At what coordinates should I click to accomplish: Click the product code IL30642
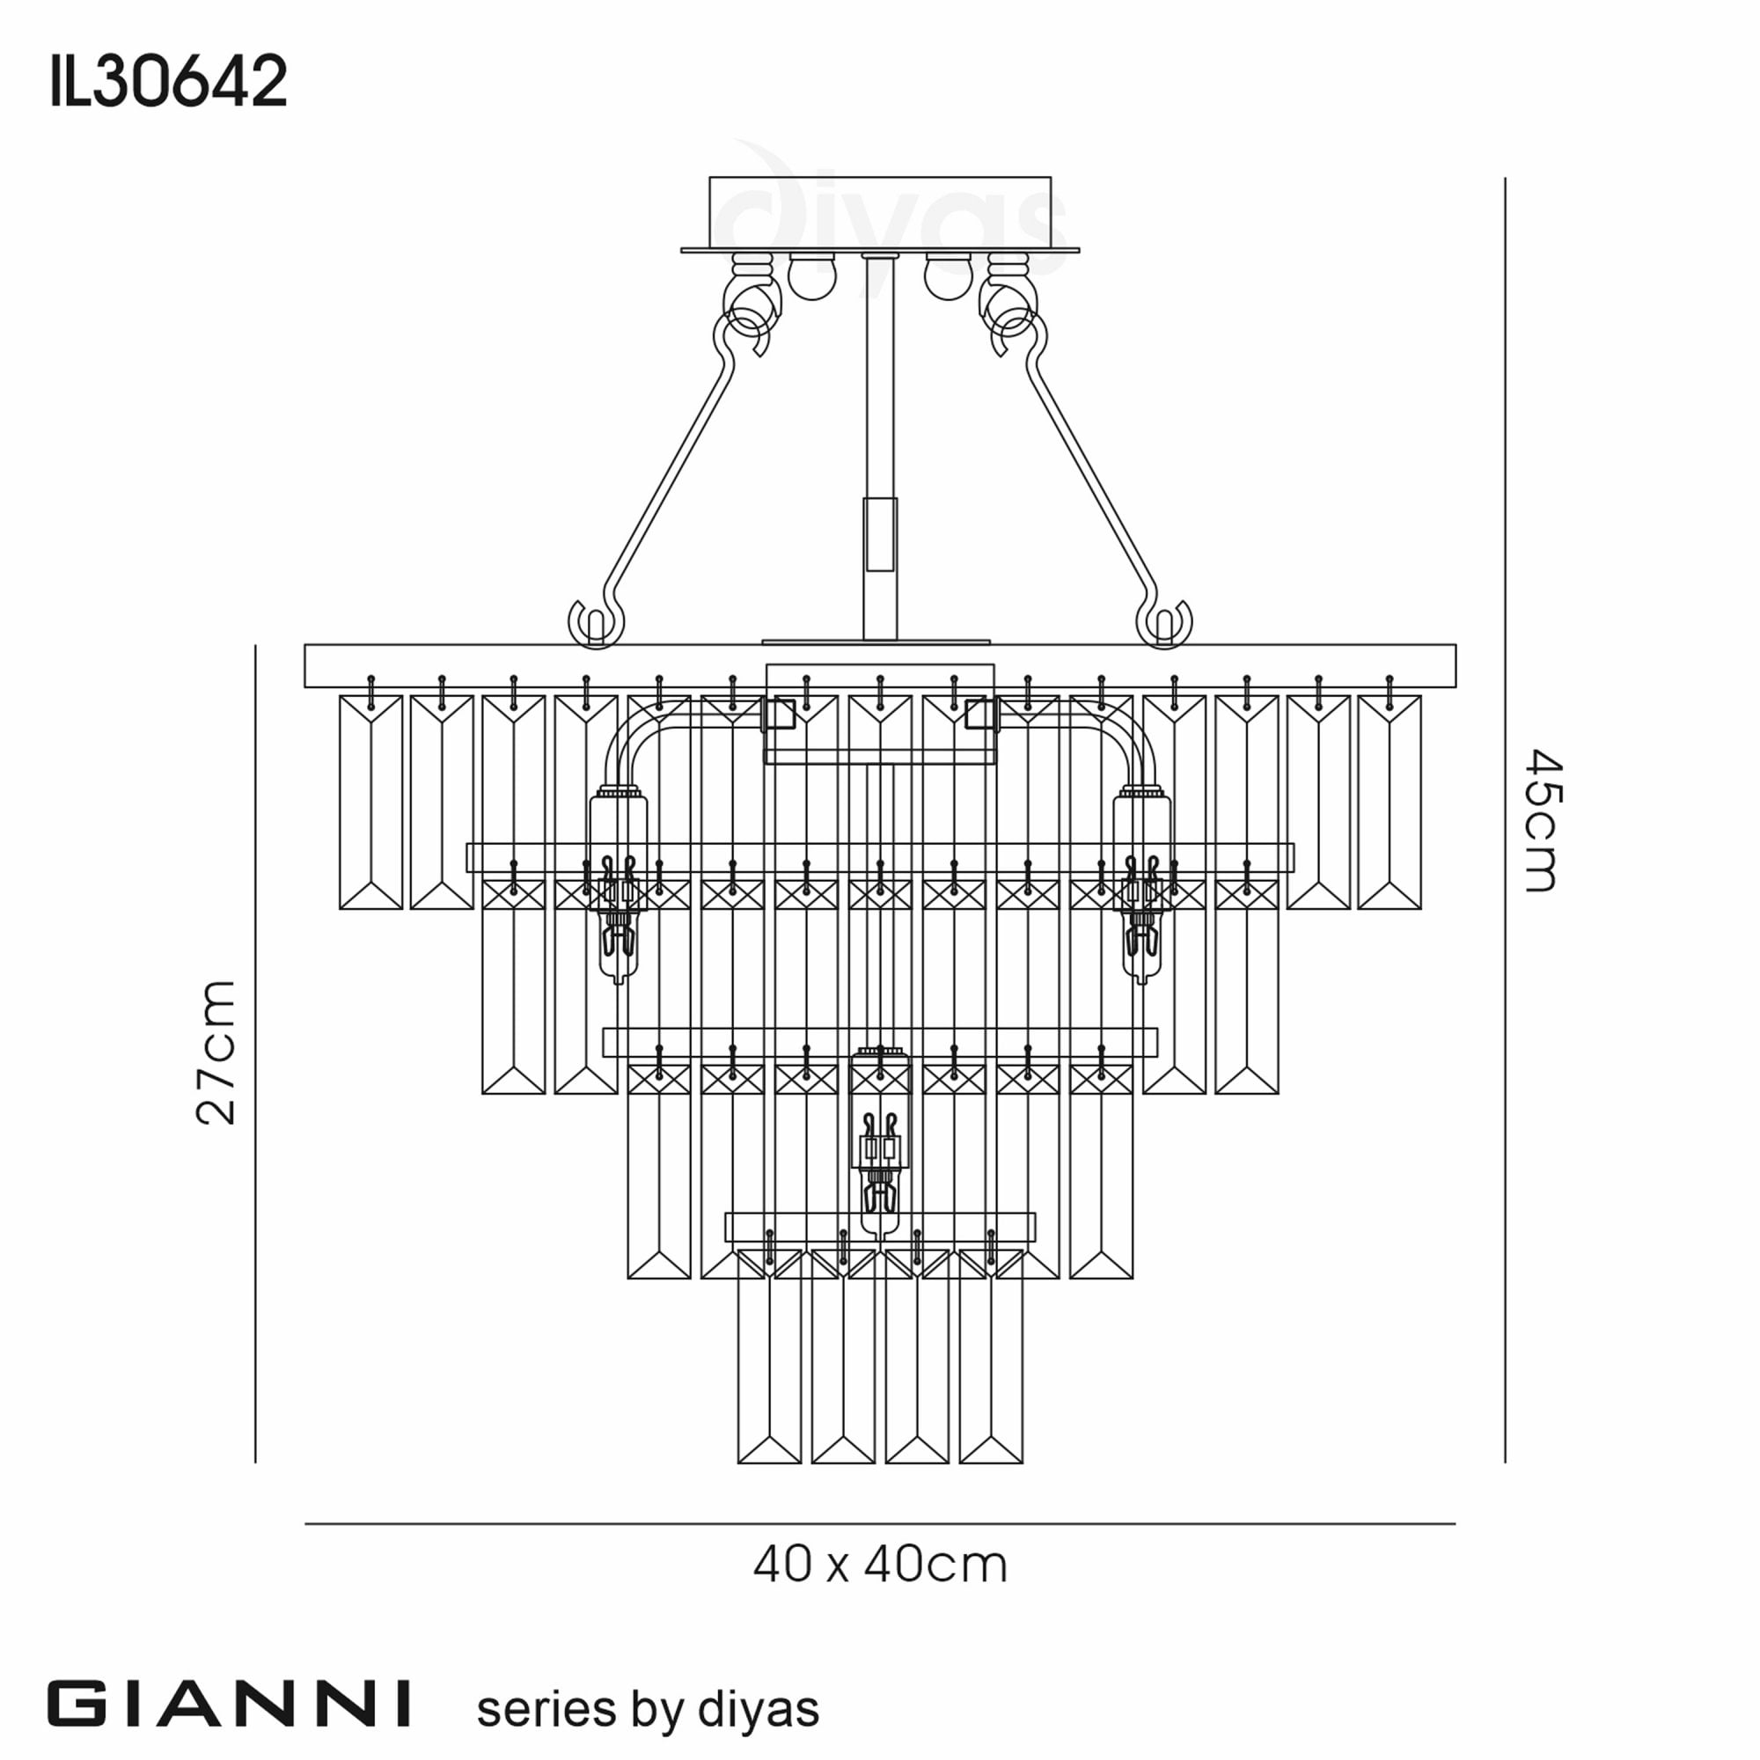click(169, 82)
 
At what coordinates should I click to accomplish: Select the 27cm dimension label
click(216, 1053)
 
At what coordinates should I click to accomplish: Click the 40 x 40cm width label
click(880, 1565)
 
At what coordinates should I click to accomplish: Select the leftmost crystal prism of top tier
click(370, 803)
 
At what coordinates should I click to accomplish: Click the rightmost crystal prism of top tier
click(1390, 803)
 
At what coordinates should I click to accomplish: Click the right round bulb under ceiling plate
click(948, 277)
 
